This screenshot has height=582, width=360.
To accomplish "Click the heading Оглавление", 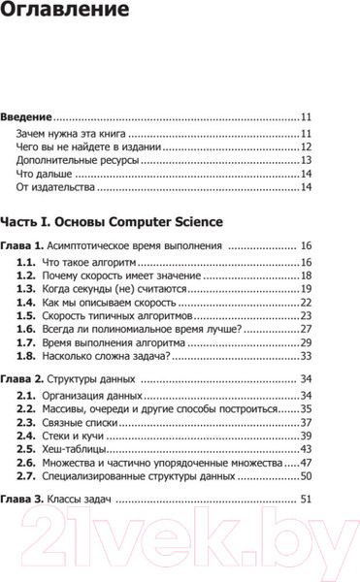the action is coord(65,14).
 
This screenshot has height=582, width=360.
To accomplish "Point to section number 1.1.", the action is coord(27,264).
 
